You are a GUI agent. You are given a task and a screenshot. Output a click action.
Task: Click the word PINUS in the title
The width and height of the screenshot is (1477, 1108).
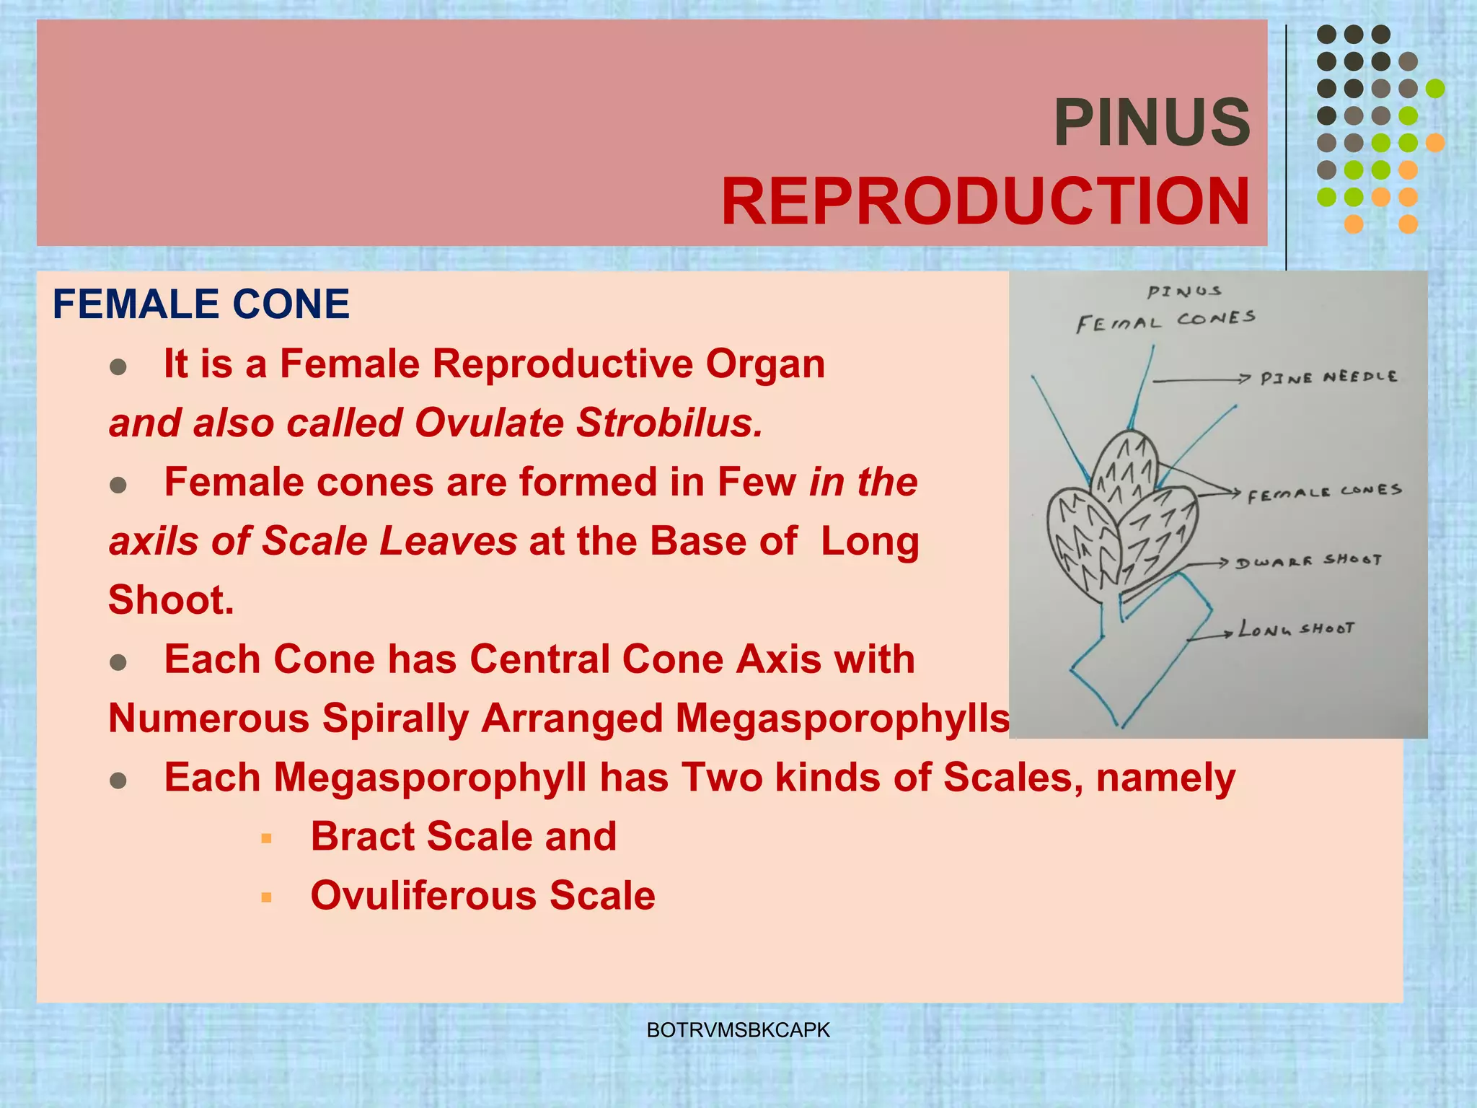[1152, 123]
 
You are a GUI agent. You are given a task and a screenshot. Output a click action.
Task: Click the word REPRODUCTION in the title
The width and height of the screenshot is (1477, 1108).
[985, 202]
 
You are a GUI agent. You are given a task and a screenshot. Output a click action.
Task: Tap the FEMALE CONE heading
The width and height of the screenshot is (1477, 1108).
[201, 304]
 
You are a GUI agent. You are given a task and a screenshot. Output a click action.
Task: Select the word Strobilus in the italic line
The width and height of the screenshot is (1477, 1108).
[669, 423]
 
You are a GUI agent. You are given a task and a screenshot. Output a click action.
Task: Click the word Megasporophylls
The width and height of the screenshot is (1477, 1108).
[842, 718]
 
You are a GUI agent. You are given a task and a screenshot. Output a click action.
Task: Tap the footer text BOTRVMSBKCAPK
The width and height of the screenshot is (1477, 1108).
[738, 1030]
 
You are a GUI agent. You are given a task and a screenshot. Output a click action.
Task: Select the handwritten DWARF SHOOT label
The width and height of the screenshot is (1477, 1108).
[1308, 561]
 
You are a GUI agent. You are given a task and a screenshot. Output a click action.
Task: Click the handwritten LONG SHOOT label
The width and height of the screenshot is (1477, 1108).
[1296, 629]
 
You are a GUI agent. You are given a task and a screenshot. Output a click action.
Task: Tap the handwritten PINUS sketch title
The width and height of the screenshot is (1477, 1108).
[1184, 291]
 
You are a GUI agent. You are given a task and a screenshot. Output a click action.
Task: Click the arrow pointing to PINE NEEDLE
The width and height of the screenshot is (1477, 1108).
[1201, 379]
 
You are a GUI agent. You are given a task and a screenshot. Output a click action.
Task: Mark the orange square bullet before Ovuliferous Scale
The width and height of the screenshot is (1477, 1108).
[267, 897]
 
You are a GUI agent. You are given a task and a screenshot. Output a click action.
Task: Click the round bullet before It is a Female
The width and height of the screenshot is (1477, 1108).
[118, 366]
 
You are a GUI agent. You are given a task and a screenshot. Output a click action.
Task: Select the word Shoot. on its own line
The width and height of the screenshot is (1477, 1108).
[172, 600]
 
